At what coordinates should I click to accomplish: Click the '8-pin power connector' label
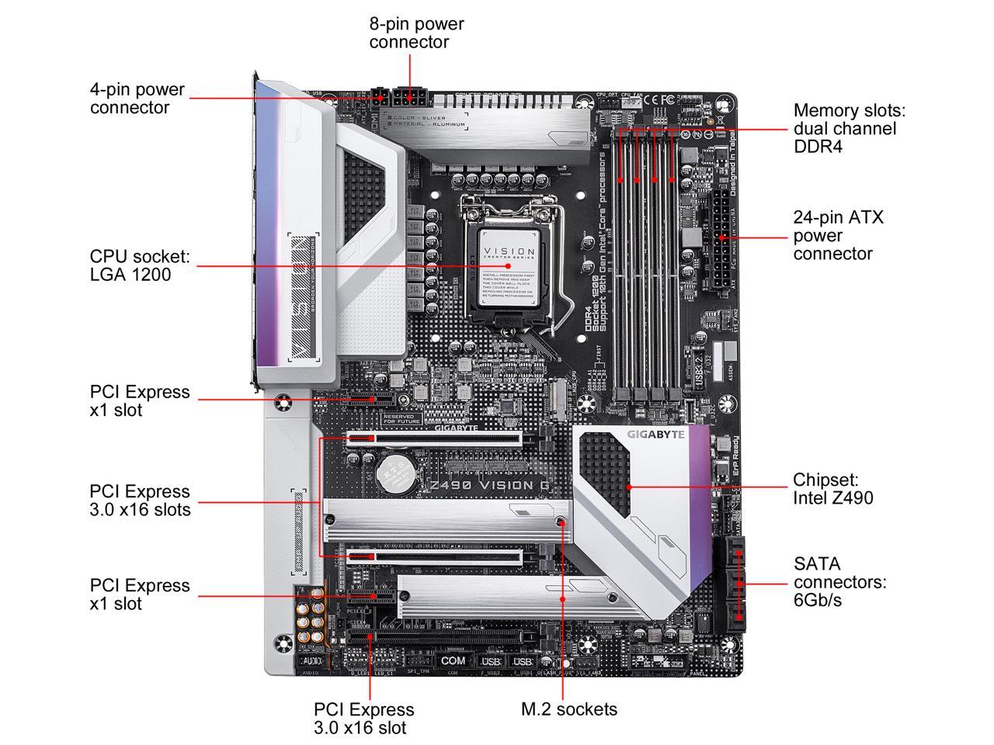416,33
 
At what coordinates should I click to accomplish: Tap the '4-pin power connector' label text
137,99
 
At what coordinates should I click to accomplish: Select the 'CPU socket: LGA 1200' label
140,265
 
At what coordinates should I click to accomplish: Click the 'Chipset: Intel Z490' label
832,488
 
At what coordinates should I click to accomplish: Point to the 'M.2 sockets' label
569,709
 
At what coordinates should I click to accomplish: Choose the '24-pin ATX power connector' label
838,235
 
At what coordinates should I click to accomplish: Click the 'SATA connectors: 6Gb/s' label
839,581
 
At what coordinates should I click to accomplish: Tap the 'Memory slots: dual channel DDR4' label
849,129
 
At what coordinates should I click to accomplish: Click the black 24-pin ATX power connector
719,237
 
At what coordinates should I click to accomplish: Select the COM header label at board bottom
453,660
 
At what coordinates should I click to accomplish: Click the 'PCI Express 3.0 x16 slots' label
140,500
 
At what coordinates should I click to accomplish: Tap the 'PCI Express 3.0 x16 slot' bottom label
363,718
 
